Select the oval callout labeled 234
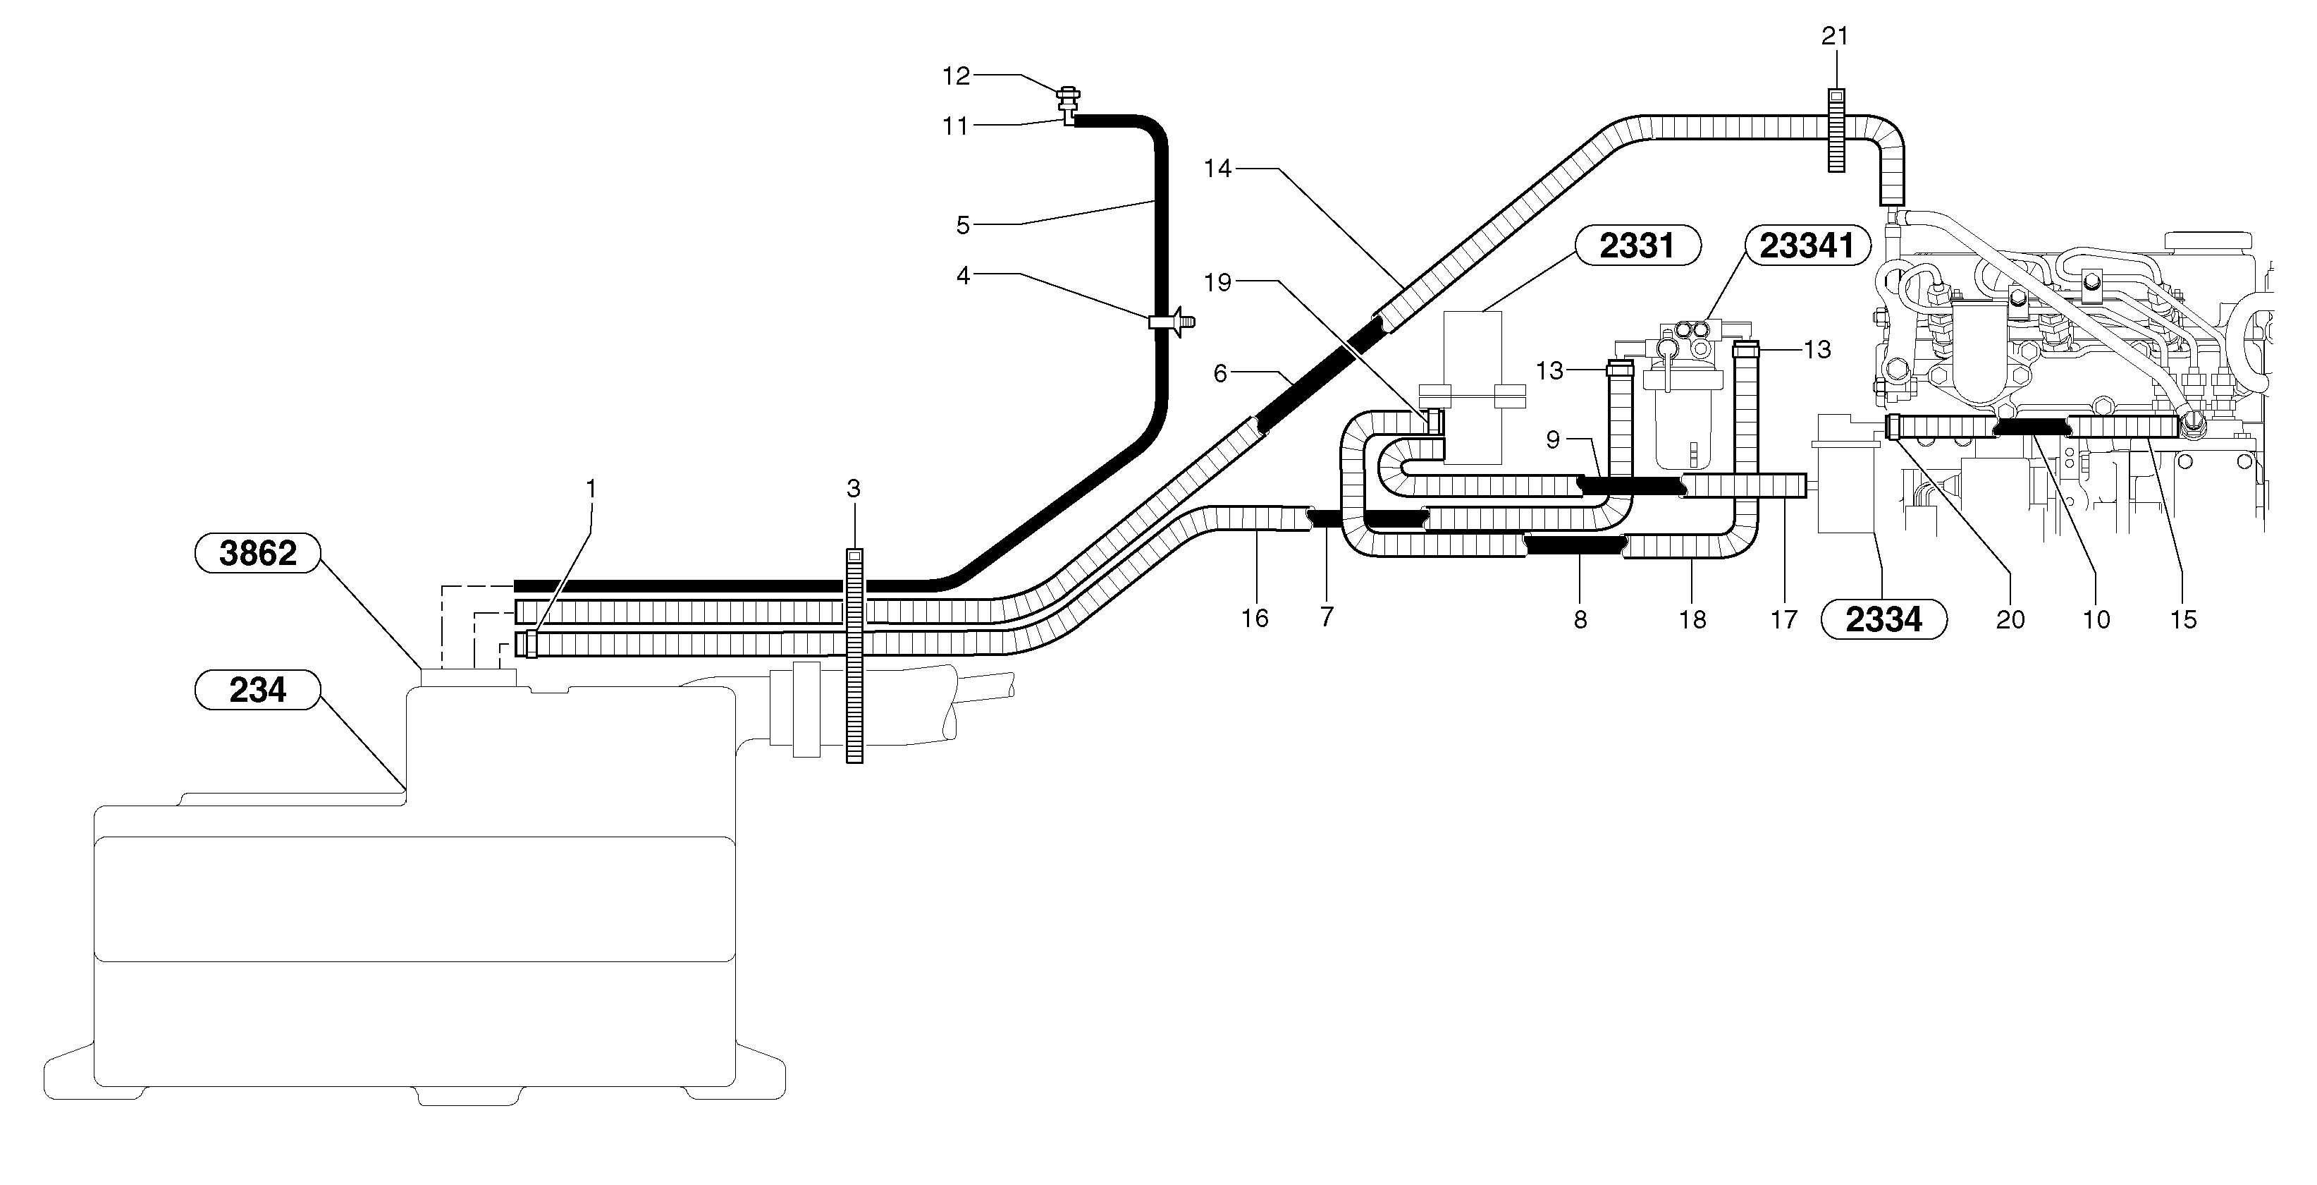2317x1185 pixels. (257, 690)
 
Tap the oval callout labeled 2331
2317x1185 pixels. (1637, 245)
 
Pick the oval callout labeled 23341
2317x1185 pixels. (1806, 245)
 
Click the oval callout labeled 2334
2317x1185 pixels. (1883, 620)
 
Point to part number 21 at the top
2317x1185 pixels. (1835, 36)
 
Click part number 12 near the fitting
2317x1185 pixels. (956, 76)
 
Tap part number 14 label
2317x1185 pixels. (1217, 169)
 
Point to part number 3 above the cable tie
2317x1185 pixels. (854, 489)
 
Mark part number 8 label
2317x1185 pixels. (1580, 620)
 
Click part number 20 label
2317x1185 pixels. (2010, 620)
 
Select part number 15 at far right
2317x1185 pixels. (2183, 620)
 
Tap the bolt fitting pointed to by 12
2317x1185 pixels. (1070, 94)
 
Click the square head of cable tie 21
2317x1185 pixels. (1836, 95)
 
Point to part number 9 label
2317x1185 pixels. (1554, 439)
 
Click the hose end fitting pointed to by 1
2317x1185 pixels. (531, 643)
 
